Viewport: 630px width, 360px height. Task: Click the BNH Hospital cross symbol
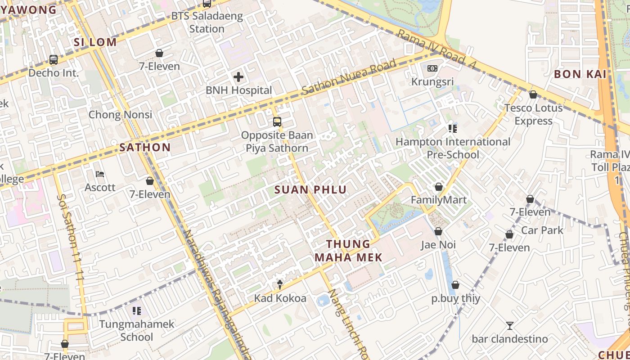pos(238,77)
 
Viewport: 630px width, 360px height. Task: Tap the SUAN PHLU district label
pos(310,190)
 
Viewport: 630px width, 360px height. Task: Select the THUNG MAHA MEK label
pos(348,251)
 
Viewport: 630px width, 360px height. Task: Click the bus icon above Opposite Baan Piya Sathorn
pos(277,122)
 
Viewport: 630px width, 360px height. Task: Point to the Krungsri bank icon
pos(432,68)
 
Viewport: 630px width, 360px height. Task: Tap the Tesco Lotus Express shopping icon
pos(533,94)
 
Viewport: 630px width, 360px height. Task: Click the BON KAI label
pos(580,74)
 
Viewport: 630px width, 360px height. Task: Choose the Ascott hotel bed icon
pos(100,174)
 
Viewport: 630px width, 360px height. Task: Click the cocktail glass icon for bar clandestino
pos(509,326)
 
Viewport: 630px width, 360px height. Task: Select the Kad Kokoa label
pos(280,298)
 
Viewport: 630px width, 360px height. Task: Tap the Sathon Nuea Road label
pos(349,77)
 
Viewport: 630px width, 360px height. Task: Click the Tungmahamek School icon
pos(137,311)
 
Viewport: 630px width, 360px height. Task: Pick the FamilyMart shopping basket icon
pos(439,187)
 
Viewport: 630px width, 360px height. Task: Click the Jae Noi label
pos(438,245)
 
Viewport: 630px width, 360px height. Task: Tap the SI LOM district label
pos(95,42)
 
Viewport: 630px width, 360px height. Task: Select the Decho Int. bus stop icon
pos(54,59)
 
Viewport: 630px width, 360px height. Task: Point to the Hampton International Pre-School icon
pos(453,129)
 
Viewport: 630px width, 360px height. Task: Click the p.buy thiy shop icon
pos(455,285)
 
